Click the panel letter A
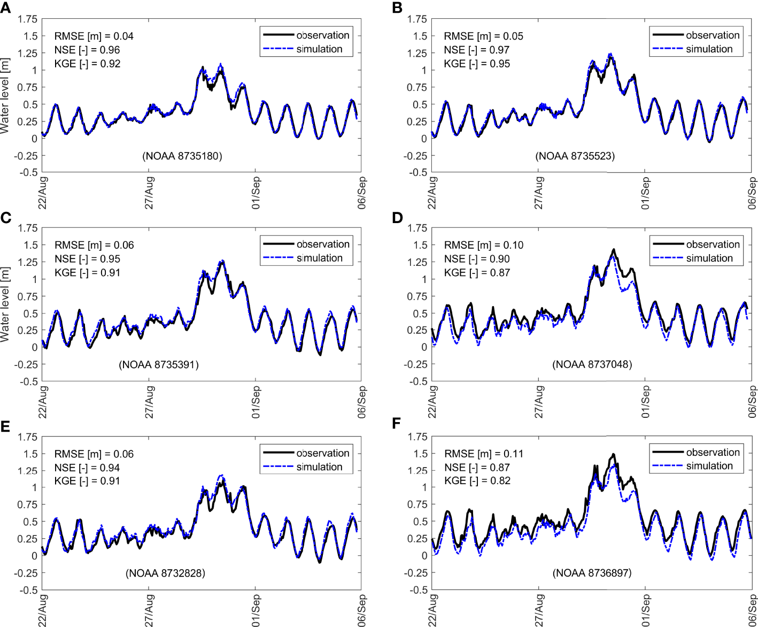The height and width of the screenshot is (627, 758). click(x=6, y=8)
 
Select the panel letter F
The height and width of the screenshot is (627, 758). click(x=396, y=424)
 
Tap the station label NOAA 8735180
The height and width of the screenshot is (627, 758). click(x=182, y=156)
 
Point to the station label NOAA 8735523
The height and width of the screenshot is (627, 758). click(x=575, y=156)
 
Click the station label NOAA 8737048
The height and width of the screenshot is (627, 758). click(x=592, y=365)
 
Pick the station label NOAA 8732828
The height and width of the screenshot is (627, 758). click(x=165, y=573)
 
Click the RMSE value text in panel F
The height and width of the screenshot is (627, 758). click(x=484, y=454)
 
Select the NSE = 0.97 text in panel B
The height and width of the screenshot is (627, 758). click(x=476, y=50)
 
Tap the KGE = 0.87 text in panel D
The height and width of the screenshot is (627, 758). click(x=477, y=272)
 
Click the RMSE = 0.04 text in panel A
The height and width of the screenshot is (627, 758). click(x=94, y=36)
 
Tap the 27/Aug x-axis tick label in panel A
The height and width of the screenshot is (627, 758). click(x=150, y=193)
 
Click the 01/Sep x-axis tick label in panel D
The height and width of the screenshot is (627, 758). click(x=646, y=401)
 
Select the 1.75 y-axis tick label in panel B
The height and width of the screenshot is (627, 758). click(x=417, y=19)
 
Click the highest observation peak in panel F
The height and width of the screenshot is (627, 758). click(x=614, y=455)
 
